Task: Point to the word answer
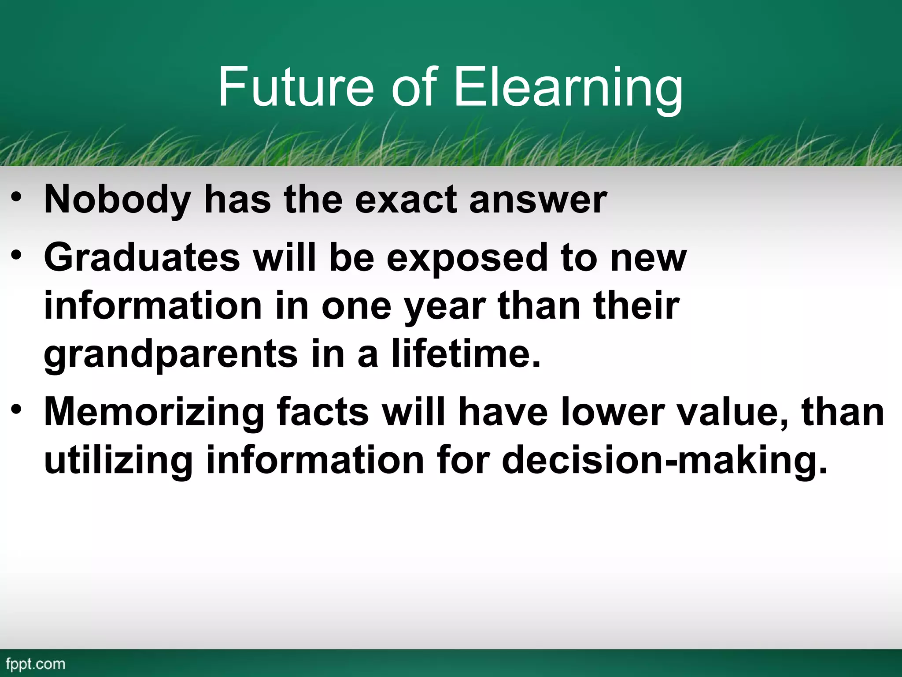click(538, 200)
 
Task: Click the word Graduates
click(142, 258)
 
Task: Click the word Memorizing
click(155, 413)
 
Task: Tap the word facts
click(323, 413)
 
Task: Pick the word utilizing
click(118, 460)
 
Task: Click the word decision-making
click(665, 460)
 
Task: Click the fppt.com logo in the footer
click(36, 664)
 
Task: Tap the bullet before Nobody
click(17, 197)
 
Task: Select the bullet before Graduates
click(17, 255)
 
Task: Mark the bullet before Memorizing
click(17, 410)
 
